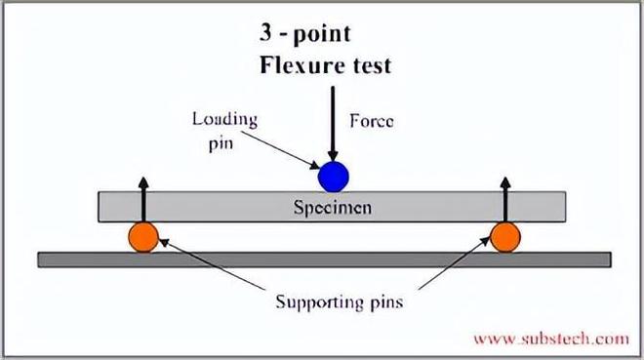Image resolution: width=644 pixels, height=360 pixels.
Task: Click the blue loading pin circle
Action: point(334,177)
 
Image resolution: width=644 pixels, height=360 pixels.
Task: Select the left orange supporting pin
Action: point(143,237)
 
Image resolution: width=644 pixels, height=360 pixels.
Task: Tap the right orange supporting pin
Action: point(505,237)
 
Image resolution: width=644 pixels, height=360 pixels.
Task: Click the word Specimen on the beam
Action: point(333,207)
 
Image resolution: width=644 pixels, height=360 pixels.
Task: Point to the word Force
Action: point(372,121)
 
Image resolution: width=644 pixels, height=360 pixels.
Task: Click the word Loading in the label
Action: point(225,119)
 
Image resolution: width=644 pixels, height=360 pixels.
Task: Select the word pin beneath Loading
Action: point(221,144)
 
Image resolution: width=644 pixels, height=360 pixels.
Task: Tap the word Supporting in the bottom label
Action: point(319,302)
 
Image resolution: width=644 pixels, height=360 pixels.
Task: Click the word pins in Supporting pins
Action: point(386,303)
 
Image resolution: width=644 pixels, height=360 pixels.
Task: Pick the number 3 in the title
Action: point(265,32)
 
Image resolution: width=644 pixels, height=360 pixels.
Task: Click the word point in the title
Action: point(322,34)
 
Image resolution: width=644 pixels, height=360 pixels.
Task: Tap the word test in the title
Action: point(372,66)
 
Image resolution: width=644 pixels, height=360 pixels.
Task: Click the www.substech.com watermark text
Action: point(551,340)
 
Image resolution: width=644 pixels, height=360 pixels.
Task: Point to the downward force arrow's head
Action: point(333,156)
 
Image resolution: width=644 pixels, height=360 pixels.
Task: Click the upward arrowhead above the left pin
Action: point(143,182)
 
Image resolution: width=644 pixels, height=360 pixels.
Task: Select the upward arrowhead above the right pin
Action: point(505,182)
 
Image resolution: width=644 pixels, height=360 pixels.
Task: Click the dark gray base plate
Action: point(325,260)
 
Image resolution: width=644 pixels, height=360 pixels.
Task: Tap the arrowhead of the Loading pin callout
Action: point(314,165)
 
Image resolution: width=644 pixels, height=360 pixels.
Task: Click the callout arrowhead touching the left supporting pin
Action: point(164,242)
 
